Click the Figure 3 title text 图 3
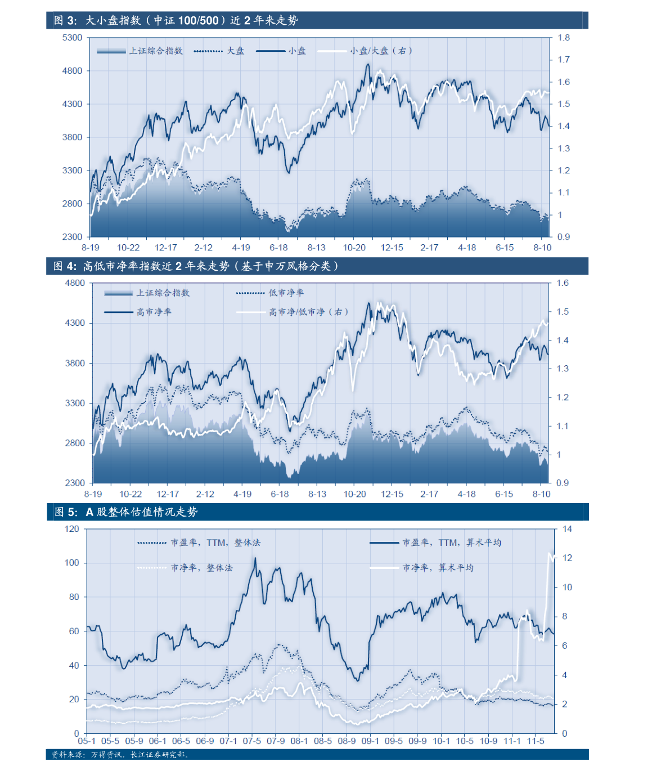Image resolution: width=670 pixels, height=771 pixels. [x=65, y=21]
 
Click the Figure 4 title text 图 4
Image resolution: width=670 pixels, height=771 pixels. [x=65, y=266]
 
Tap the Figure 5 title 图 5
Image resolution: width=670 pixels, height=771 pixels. [x=66, y=512]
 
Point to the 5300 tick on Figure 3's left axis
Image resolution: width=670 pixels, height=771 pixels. [x=72, y=38]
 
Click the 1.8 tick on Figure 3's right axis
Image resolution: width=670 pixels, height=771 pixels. [x=564, y=38]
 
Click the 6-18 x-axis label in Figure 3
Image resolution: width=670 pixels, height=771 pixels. [x=278, y=248]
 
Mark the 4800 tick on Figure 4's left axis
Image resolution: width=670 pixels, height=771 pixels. [x=75, y=283]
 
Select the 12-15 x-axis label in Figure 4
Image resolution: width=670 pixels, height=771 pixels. [x=392, y=494]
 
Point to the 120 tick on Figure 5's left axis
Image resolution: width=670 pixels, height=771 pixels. [x=72, y=529]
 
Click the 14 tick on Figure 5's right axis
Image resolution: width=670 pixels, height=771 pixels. [x=567, y=529]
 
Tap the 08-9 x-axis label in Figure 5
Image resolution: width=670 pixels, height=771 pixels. [x=347, y=741]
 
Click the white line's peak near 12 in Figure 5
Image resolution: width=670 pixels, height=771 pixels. [x=550, y=554]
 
